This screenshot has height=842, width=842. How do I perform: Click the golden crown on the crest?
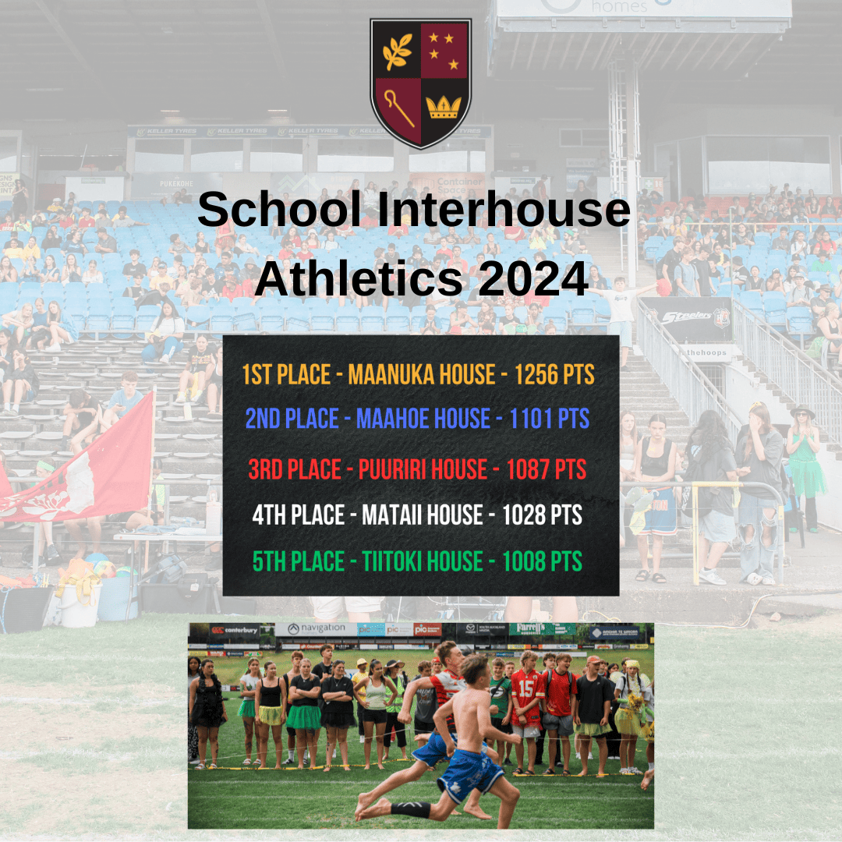coord(444,108)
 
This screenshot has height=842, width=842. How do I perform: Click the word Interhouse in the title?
coord(504,209)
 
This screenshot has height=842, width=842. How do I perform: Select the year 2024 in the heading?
coord(533,278)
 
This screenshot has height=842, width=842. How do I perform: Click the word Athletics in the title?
coord(359,278)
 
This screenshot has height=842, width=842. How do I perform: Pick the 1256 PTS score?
coord(555,374)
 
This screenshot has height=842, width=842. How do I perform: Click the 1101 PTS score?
coord(550,419)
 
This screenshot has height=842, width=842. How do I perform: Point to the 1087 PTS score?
coord(546,469)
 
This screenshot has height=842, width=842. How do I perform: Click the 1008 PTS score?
coord(543,561)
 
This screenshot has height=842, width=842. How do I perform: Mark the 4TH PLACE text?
coord(298,515)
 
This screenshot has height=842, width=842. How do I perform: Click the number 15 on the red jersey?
coord(525,689)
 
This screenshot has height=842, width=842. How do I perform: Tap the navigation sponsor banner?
coord(317,629)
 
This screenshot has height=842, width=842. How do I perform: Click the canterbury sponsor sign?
coord(235,630)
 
